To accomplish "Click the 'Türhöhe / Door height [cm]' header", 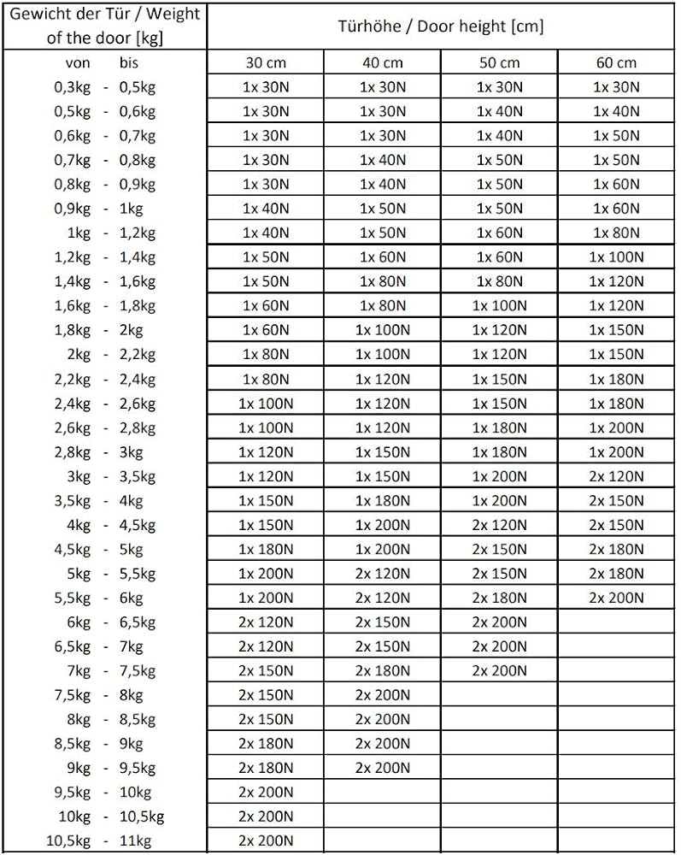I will [441, 26].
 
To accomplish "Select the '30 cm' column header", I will [266, 62].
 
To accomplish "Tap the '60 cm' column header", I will [616, 62].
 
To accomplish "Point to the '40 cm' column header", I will [382, 62].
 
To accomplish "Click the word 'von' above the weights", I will [78, 62].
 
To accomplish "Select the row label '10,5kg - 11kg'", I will [105, 841].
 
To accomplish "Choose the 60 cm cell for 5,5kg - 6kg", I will [616, 598].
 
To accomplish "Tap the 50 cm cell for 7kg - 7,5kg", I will [499, 670].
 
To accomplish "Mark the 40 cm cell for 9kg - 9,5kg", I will [382, 768].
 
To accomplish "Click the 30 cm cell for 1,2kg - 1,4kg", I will [266, 256].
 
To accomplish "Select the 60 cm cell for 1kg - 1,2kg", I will [616, 233].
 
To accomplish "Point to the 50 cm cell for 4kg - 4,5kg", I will [499, 525].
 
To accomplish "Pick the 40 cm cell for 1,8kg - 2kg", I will [382, 330].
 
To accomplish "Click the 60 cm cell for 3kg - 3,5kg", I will [616, 476].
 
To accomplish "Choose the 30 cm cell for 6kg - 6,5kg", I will [266, 622].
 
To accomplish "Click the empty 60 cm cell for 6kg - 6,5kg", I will [616, 622].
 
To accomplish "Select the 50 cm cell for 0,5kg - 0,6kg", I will [499, 111].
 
